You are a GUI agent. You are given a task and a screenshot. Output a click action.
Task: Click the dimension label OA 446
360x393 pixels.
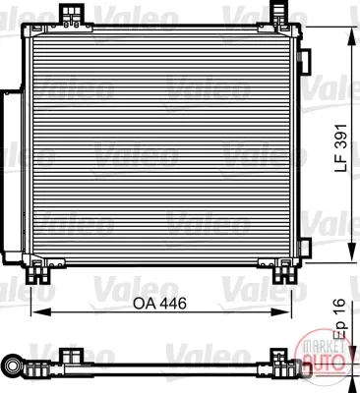coord(159,304)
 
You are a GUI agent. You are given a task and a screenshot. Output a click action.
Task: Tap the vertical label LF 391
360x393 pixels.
coord(340,148)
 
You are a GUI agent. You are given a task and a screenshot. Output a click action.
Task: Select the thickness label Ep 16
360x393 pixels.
coord(340,318)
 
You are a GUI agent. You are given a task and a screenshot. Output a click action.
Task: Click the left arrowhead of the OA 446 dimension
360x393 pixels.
coord(41,312)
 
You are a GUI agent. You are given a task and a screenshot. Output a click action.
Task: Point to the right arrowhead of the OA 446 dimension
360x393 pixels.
coord(281,312)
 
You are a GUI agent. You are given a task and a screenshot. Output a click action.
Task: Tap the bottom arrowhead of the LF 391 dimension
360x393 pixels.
coord(352,252)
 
